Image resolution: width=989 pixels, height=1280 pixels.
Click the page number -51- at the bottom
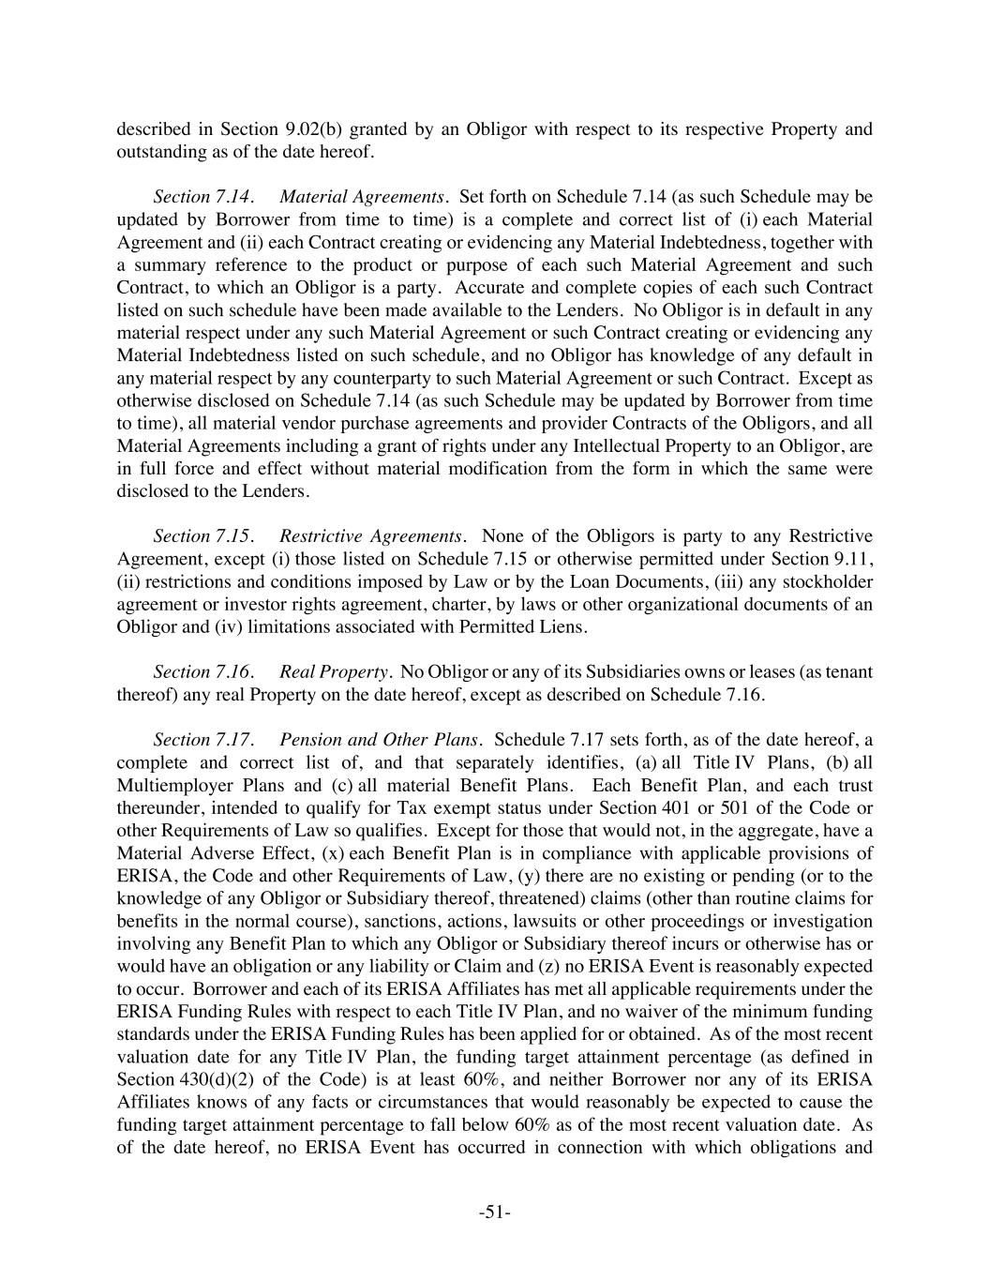coord(494,1212)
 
